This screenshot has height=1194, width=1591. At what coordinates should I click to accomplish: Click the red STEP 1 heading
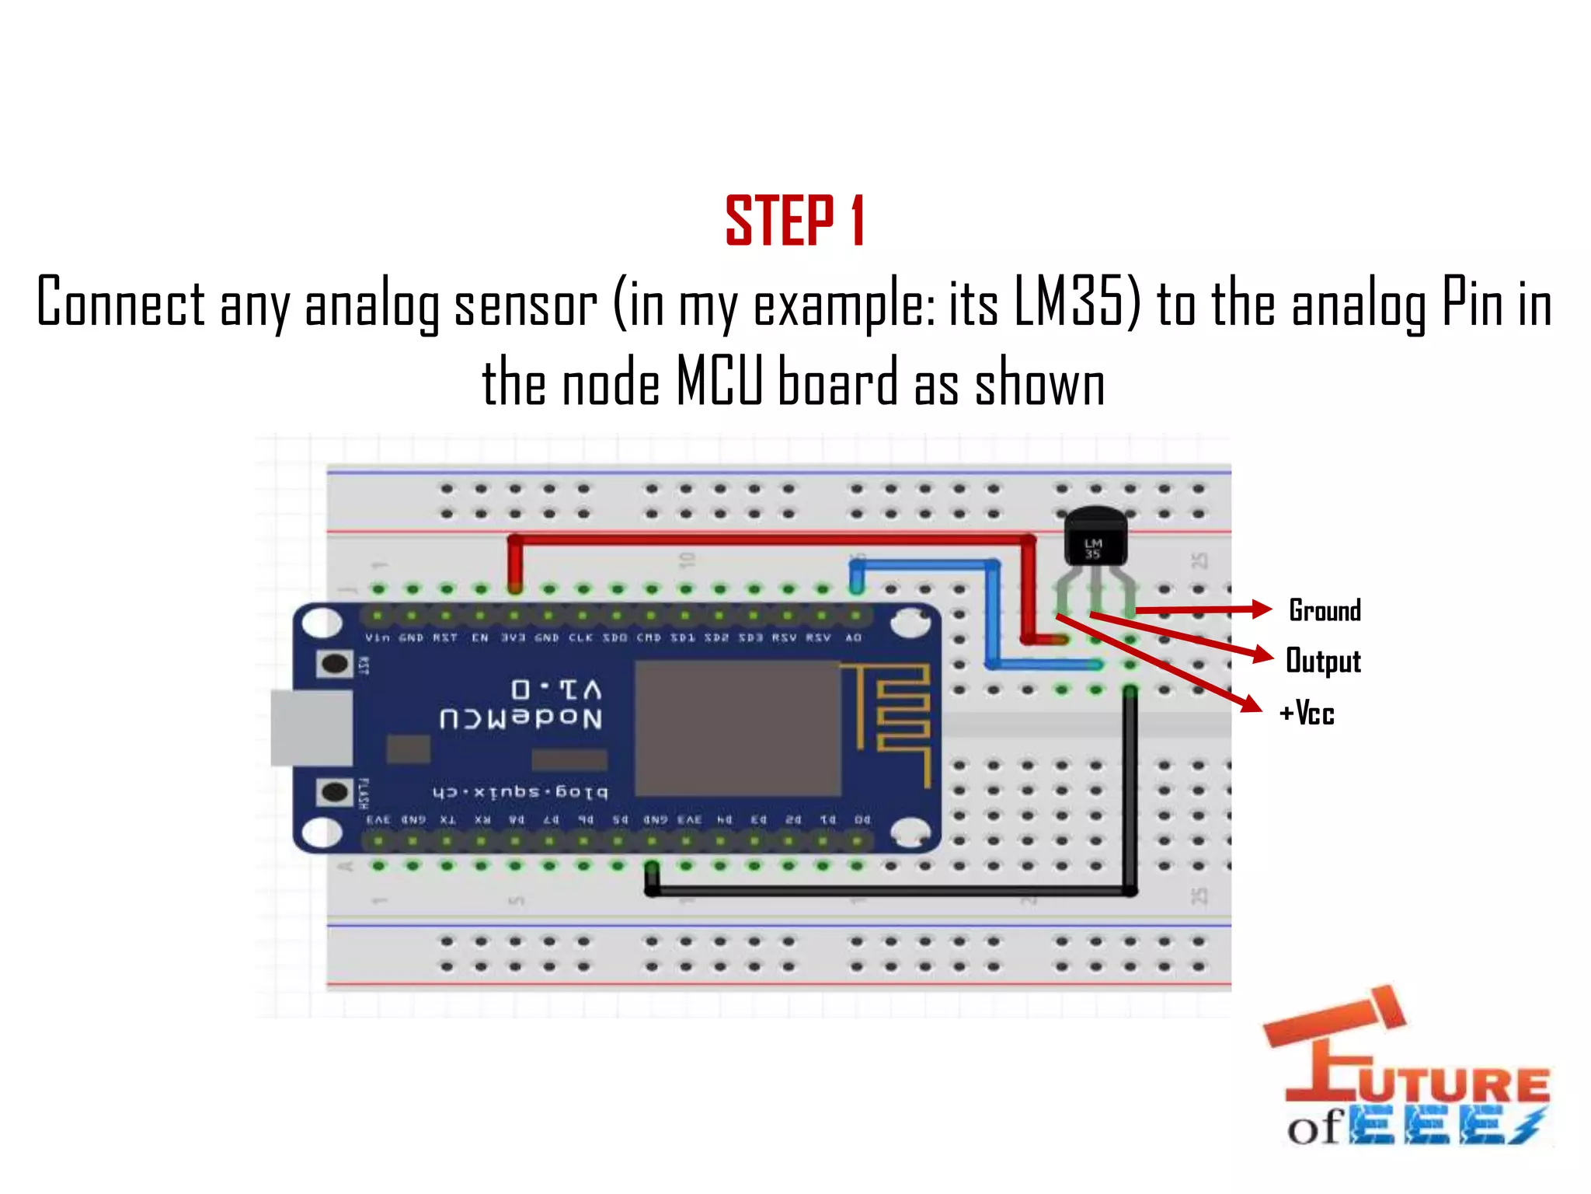[x=795, y=222]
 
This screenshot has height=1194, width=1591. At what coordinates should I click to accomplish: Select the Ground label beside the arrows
[x=1325, y=611]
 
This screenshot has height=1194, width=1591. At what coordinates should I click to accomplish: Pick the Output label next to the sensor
[x=1323, y=662]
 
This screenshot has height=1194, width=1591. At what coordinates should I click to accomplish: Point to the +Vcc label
[x=1307, y=713]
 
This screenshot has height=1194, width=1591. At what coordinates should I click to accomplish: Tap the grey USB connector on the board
[x=311, y=728]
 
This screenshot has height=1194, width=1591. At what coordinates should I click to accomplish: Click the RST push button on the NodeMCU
[x=335, y=664]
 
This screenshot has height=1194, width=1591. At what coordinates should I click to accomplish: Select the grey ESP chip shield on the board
[x=737, y=728]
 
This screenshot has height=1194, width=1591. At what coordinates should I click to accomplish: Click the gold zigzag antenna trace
[x=901, y=720]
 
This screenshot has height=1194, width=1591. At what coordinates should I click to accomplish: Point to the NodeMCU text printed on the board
[x=520, y=717]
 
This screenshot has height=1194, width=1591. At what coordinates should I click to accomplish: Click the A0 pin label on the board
[x=853, y=637]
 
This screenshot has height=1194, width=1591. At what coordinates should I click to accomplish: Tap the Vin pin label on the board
[x=378, y=637]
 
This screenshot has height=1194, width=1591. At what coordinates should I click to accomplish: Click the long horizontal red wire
[x=769, y=538]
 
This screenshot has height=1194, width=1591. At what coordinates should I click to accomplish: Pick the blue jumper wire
[x=993, y=614]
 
